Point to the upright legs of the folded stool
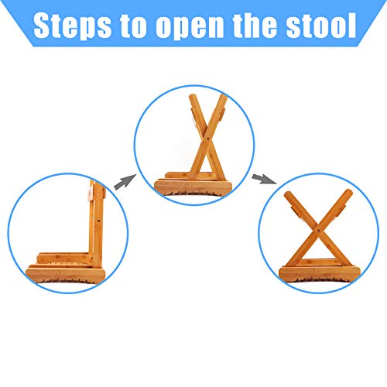point(94,224)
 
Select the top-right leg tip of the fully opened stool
point(351,197)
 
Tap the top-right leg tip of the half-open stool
point(224,97)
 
